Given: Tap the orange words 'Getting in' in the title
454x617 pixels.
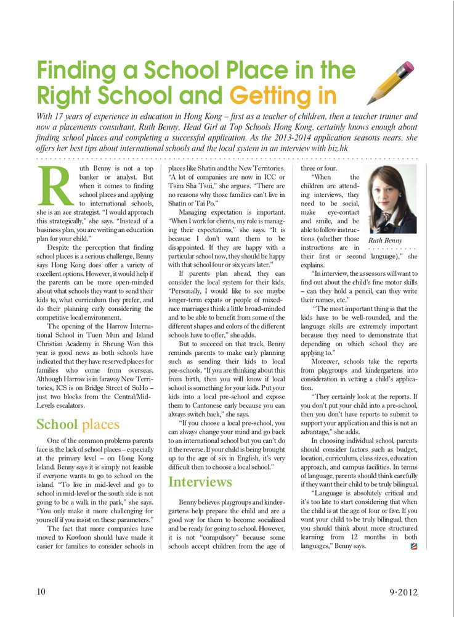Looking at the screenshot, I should pos(283,96).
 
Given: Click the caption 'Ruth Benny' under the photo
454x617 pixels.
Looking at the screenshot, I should pos(386,239).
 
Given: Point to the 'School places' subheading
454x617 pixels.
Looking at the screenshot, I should pos(78,424).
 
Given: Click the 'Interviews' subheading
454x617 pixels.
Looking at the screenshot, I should pos(200,481).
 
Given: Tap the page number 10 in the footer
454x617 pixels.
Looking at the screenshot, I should pos(41,591).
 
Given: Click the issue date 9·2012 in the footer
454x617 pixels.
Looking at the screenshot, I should pos(403,592).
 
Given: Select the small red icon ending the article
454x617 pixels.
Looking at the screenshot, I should pos(413,545).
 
